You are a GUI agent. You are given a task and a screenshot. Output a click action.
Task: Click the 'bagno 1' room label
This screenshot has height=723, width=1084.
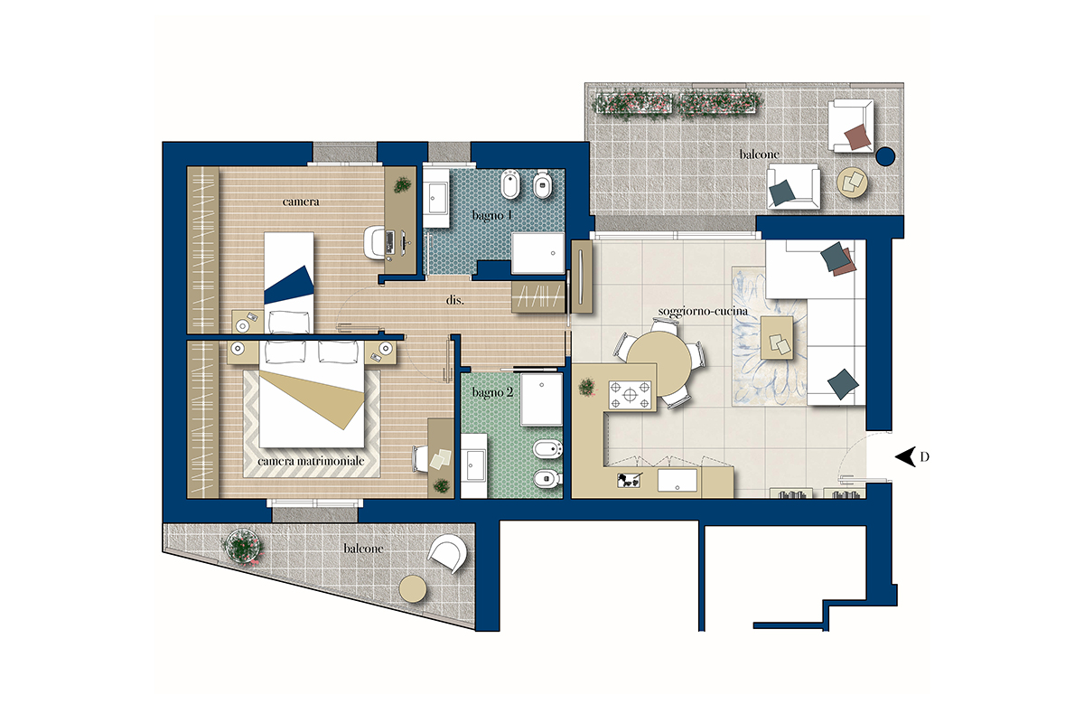(491, 215)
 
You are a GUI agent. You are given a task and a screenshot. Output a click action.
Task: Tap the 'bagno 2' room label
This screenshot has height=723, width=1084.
(492, 392)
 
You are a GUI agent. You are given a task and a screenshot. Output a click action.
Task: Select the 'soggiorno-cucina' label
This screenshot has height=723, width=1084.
(703, 312)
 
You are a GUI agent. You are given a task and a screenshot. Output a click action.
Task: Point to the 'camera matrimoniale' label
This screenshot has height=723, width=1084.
(311, 461)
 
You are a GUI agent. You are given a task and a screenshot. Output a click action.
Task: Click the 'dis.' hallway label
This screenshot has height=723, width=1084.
(455, 300)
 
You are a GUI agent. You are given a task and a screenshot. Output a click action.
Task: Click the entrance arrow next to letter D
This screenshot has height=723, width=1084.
(905, 456)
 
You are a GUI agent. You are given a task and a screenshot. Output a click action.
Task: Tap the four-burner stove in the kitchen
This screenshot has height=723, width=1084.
(630, 395)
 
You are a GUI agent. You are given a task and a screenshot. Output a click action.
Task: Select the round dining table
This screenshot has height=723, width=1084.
(659, 363)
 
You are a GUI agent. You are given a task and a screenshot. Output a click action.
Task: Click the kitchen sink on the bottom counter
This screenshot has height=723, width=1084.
(677, 479)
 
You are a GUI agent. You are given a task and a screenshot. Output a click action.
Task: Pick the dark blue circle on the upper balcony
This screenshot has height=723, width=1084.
(885, 156)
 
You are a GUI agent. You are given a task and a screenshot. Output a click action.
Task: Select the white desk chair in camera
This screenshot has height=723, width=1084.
(375, 241)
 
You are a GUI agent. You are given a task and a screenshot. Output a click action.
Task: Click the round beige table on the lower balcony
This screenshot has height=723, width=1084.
(412, 589)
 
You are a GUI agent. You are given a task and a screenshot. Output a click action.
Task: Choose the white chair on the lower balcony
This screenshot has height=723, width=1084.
(448, 553)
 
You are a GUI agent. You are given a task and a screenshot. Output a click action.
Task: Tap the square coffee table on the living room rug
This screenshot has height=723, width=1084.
(777, 337)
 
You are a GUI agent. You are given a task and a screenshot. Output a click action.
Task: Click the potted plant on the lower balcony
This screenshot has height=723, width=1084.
(243, 546)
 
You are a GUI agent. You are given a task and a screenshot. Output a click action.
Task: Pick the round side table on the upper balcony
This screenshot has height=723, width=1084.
(852, 182)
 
